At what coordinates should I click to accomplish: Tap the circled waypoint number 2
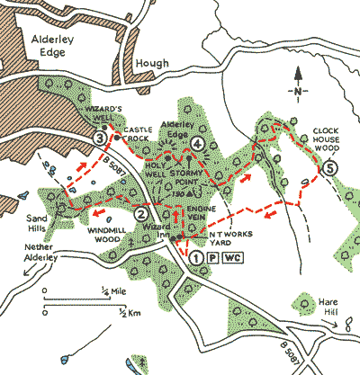point(141,214)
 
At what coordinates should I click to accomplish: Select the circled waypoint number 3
point(100,137)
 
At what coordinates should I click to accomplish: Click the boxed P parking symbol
point(213,256)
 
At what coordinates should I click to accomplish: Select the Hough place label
point(150,65)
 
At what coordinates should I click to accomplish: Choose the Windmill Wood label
point(109,234)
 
